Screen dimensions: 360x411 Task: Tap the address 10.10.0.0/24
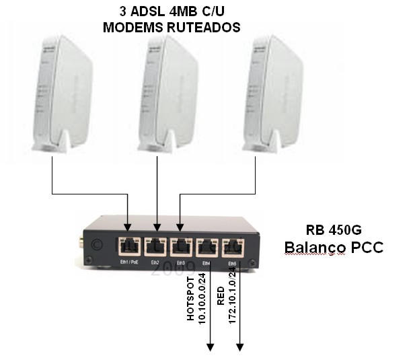tap(202, 299)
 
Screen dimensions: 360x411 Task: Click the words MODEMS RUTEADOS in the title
tap(172, 27)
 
